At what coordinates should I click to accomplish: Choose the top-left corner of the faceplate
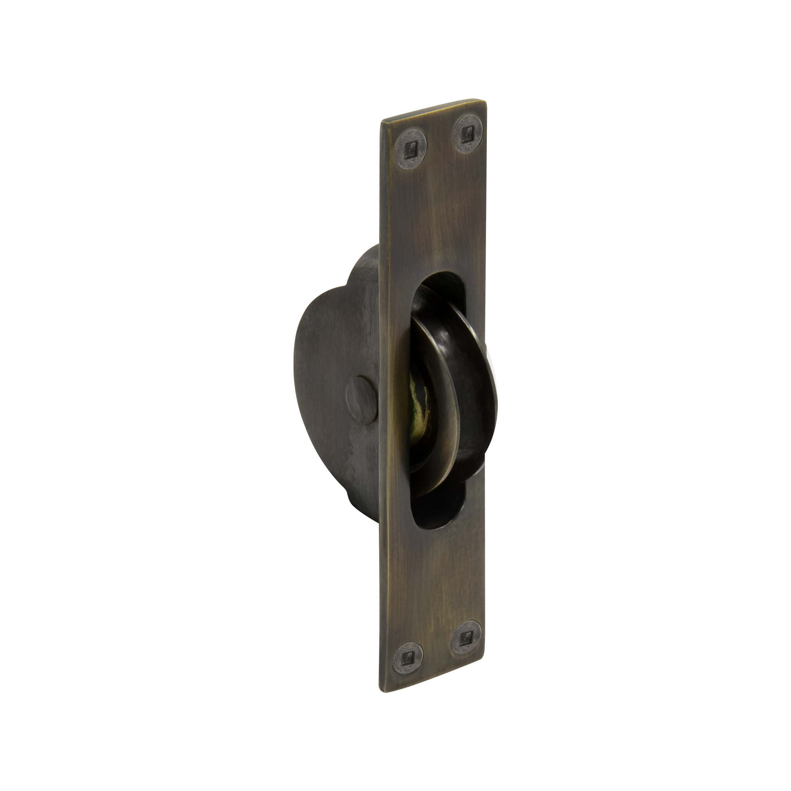(382, 121)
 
